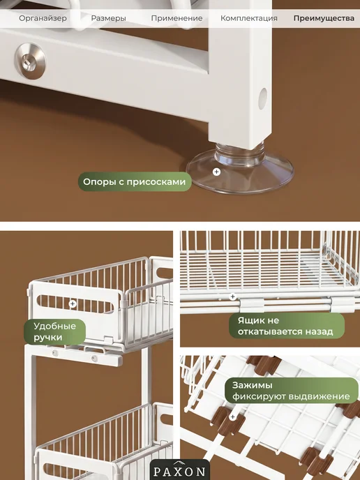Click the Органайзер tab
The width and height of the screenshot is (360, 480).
pyautogui.click(x=43, y=18)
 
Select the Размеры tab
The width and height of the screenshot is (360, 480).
pyautogui.click(x=108, y=18)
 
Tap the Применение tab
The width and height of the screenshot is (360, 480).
pyautogui.click(x=177, y=18)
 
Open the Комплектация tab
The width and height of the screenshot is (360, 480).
pyautogui.click(x=249, y=18)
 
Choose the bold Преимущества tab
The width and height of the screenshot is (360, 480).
pyautogui.click(x=324, y=18)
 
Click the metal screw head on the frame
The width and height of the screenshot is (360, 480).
pyautogui.click(x=30, y=61)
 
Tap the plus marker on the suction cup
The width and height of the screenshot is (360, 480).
pyautogui.click(x=216, y=172)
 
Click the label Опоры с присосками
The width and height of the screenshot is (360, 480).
pyautogui.click(x=135, y=182)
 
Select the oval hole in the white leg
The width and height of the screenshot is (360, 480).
pyautogui.click(x=262, y=98)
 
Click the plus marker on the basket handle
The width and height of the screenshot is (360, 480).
pyautogui.click(x=73, y=304)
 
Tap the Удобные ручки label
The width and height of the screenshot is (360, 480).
pyautogui.click(x=55, y=332)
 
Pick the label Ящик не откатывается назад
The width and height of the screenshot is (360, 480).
pyautogui.click(x=287, y=326)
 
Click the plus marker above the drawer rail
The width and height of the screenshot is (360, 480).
pyautogui.click(x=232, y=297)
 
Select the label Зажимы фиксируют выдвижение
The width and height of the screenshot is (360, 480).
pyautogui.click(x=292, y=391)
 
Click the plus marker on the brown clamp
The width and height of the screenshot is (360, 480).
pyautogui.click(x=232, y=417)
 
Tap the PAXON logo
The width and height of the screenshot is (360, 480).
pyautogui.click(x=179, y=470)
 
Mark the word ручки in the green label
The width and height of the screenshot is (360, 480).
pyautogui.click(x=47, y=338)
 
